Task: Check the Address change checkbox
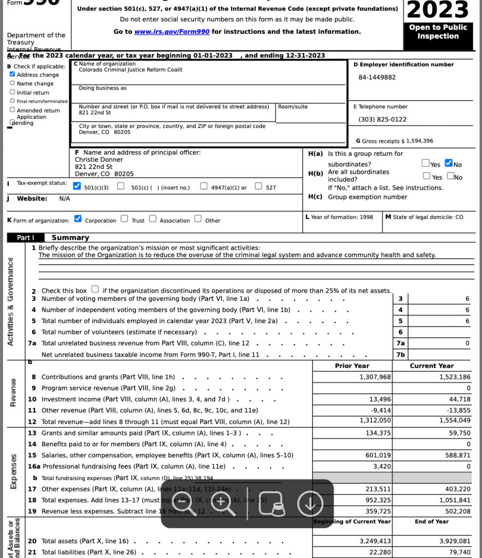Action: tap(13, 75)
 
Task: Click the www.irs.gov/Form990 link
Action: tap(172, 32)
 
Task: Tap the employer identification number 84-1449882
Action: tap(377, 77)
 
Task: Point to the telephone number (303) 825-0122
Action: tap(382, 119)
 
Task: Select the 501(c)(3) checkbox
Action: tap(77, 187)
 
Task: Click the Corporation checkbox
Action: tap(78, 220)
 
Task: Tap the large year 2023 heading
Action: tap(438, 10)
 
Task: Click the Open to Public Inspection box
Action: tap(438, 32)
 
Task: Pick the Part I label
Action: tap(26, 238)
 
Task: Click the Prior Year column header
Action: tap(352, 366)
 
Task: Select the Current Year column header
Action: tap(431, 366)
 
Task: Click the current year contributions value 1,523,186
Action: tap(454, 377)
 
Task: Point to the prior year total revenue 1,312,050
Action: tap(375, 420)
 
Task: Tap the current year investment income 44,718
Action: tap(459, 399)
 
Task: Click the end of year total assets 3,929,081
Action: tap(454, 541)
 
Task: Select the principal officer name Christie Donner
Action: tap(99, 160)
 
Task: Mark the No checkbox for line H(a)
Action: tap(449, 163)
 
